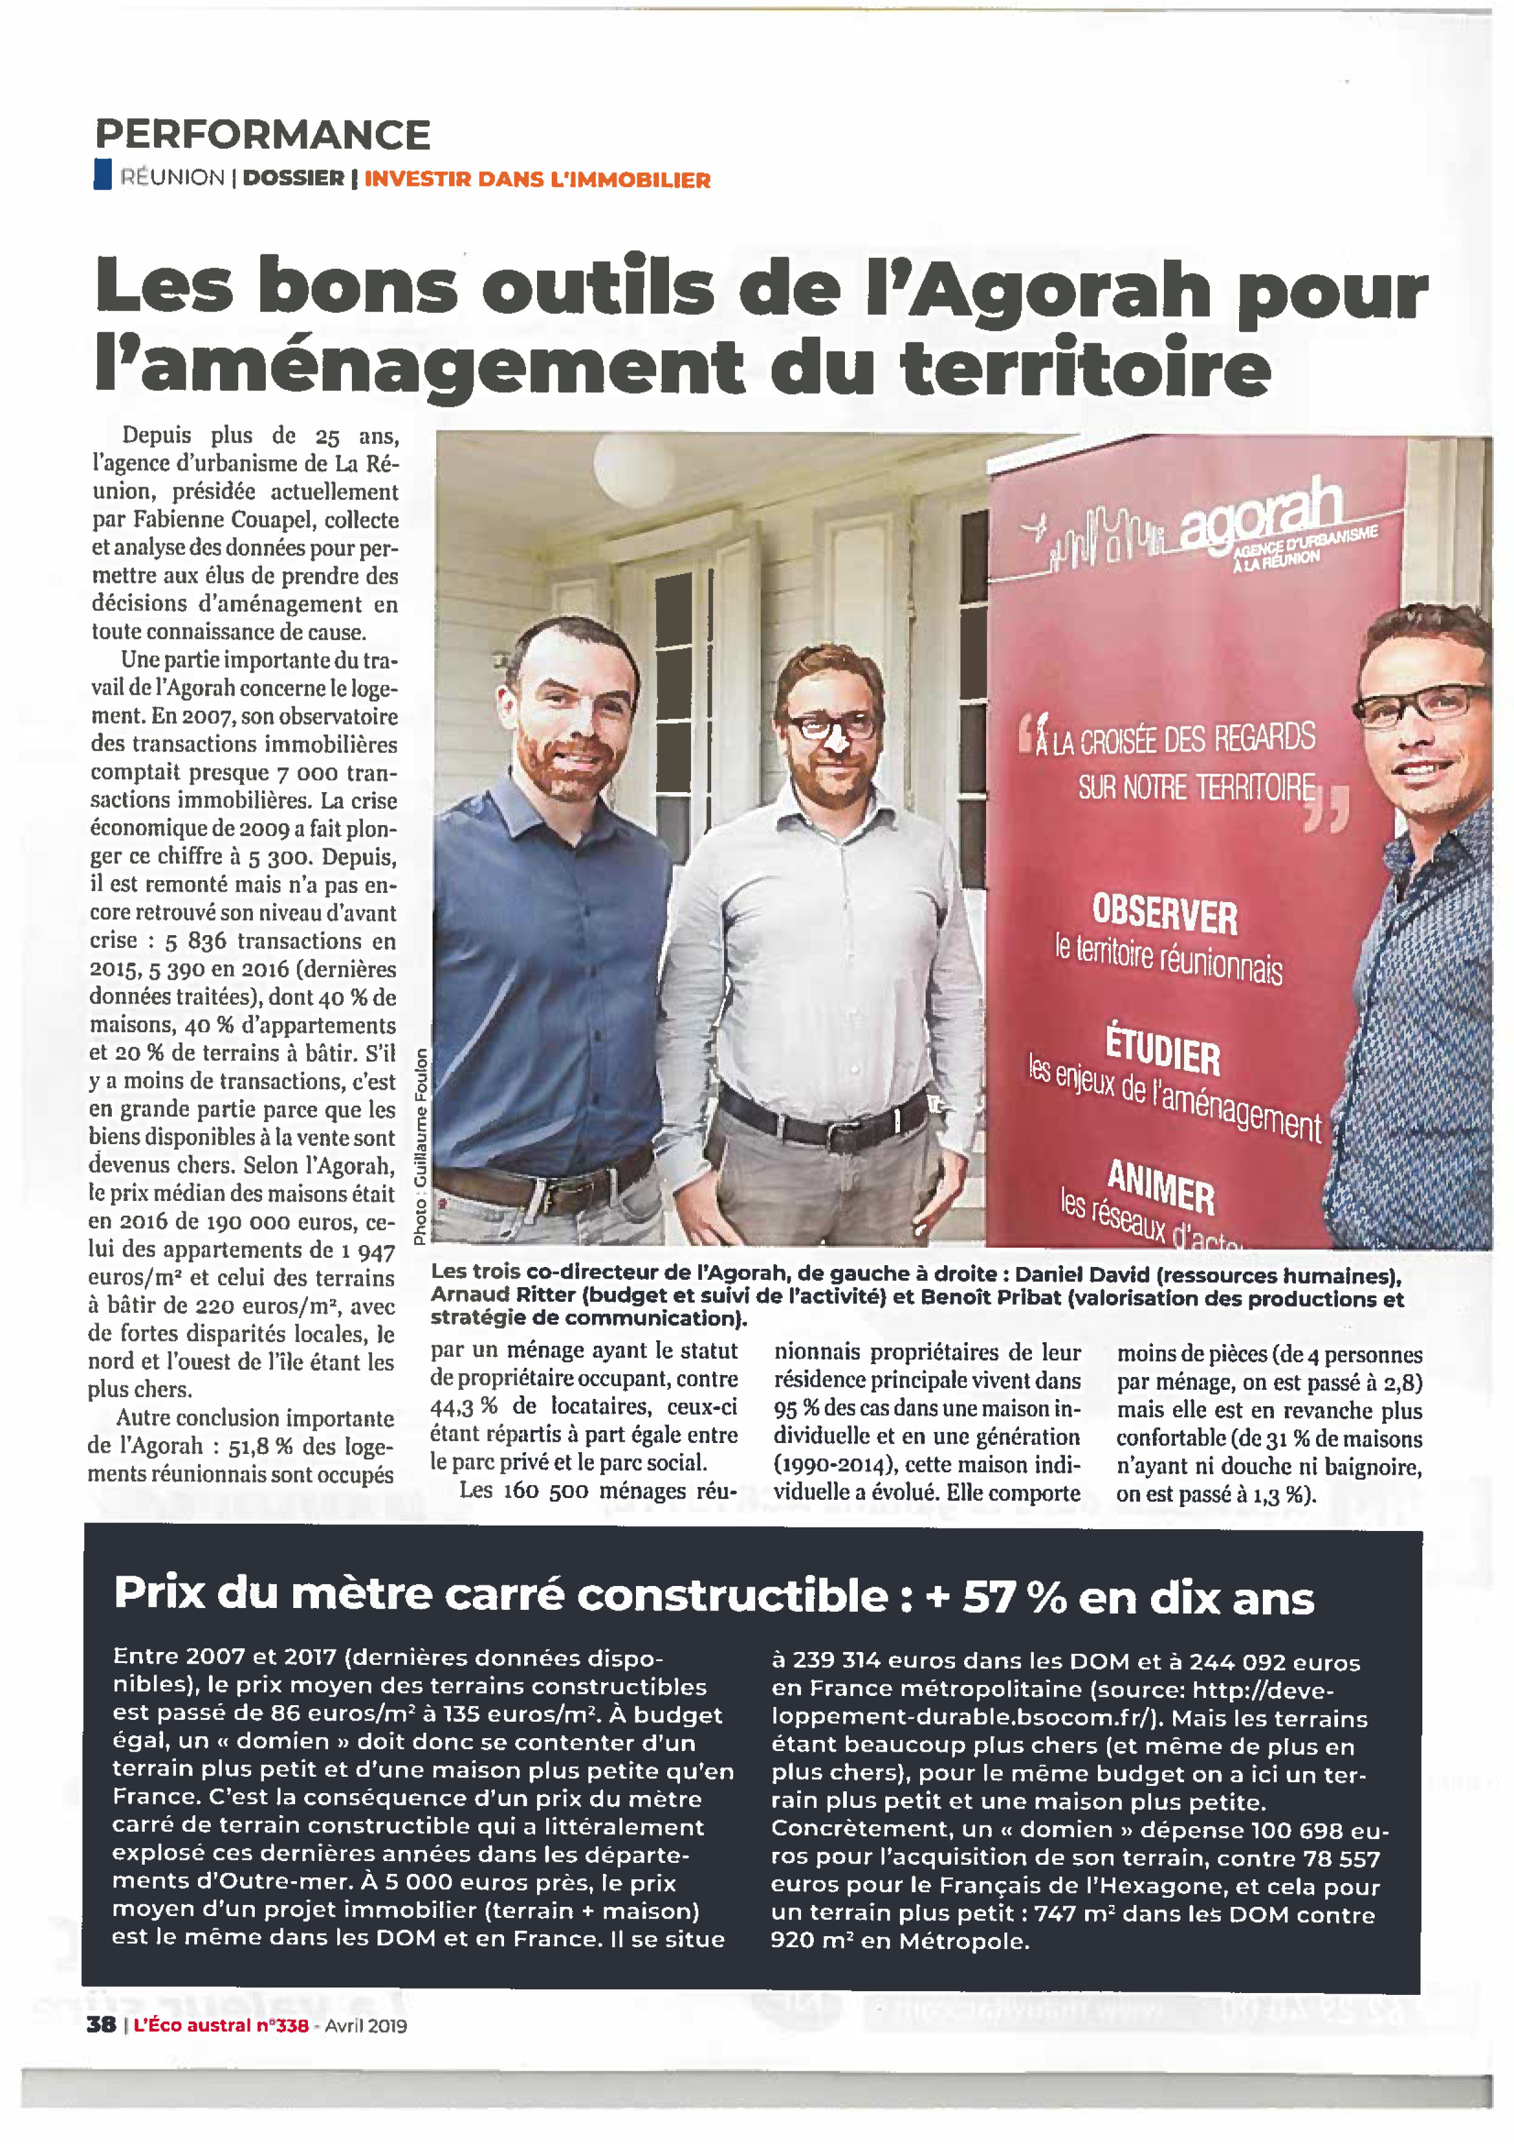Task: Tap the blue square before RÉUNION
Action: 103,175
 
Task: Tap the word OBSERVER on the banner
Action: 1165,913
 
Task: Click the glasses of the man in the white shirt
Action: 831,724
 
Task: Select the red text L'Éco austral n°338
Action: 221,2024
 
